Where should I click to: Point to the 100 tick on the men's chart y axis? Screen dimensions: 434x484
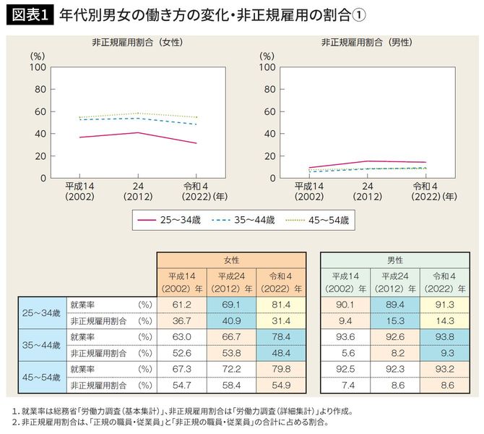tap(267, 67)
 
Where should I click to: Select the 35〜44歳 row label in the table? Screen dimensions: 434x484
tap(41, 344)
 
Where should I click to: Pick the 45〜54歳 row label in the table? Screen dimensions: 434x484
tap(41, 378)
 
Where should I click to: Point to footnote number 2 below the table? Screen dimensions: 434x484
tap(14, 421)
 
